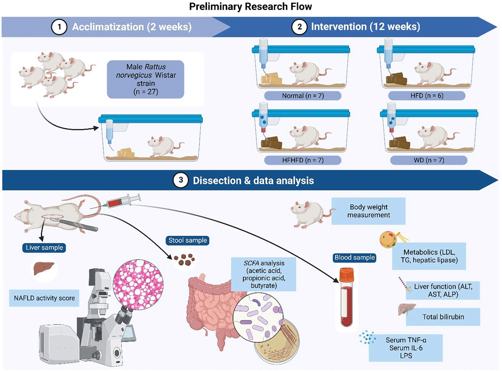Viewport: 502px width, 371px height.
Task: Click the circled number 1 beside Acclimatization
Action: point(59,27)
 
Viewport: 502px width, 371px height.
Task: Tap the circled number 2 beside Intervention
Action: point(299,27)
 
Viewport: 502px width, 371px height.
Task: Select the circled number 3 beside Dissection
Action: point(181,180)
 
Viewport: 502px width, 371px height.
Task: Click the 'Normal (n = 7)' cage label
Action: point(303,96)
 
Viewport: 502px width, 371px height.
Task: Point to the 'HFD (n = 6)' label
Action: point(427,96)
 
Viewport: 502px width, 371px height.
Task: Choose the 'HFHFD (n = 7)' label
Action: point(303,160)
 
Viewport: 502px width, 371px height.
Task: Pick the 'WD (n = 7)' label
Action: point(429,160)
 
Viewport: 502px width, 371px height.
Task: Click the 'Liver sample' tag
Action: point(44,247)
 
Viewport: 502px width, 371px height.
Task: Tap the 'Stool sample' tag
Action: point(187,240)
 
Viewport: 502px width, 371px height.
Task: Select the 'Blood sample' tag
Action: point(354,258)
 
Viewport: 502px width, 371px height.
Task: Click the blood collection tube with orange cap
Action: point(346,297)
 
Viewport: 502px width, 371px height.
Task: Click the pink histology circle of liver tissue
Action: point(138,285)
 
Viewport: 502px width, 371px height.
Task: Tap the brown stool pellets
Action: point(185,260)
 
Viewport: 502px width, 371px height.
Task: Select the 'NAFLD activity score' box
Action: point(44,298)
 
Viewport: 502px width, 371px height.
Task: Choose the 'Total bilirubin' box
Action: point(443,317)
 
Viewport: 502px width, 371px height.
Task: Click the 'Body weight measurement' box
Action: point(368,211)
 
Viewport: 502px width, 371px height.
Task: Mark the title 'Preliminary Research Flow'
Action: point(251,7)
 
